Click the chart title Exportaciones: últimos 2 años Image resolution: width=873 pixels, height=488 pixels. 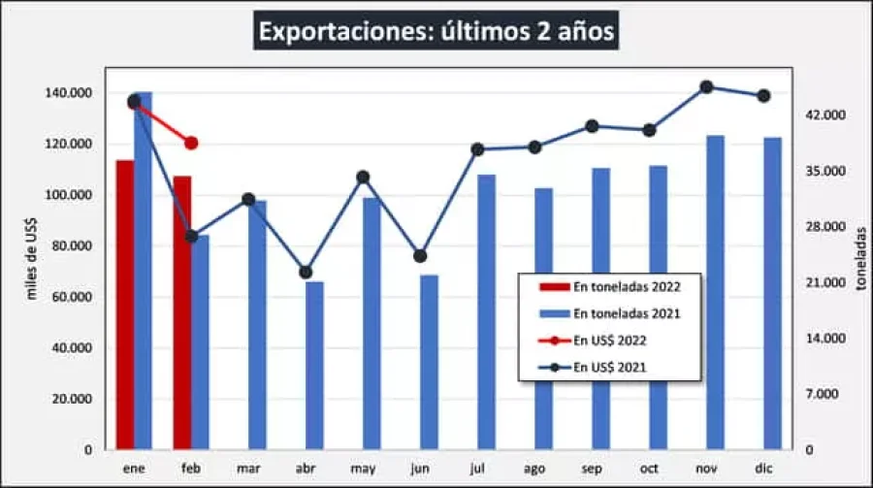click(x=436, y=32)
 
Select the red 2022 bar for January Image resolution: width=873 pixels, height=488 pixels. click(x=125, y=305)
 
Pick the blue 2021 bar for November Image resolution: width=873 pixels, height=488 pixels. click(x=715, y=292)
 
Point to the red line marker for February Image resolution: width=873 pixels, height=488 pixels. click(x=191, y=143)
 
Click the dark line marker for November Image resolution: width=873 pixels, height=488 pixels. click(x=706, y=87)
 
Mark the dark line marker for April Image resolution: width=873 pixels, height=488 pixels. click(x=306, y=273)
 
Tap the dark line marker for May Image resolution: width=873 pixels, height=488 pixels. click(x=363, y=177)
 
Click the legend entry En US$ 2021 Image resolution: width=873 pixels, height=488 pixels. click(x=610, y=367)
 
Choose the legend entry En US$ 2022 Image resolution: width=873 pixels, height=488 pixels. click(x=610, y=341)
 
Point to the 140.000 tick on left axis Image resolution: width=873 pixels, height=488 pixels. click(x=68, y=93)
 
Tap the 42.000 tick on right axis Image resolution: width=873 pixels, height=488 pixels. click(x=827, y=115)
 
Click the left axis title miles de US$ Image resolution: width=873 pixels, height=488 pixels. click(x=31, y=258)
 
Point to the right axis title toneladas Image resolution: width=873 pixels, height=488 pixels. click(x=859, y=260)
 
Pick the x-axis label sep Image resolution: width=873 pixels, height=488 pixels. click(x=592, y=469)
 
